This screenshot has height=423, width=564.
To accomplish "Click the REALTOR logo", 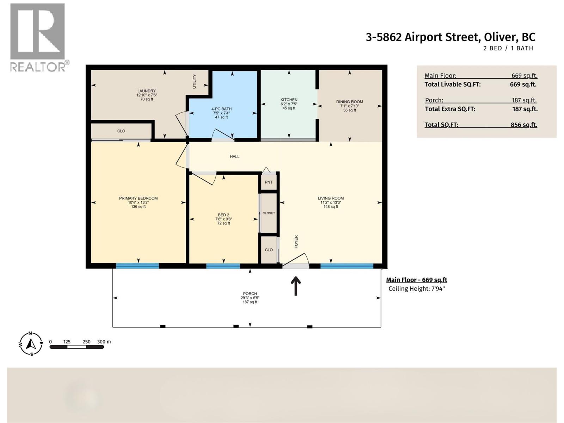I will click(x=37, y=37).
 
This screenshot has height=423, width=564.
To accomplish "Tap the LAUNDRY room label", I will click(x=146, y=91).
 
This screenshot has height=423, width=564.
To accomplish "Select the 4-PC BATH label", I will click(x=221, y=109).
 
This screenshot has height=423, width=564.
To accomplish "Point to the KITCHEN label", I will click(x=289, y=100).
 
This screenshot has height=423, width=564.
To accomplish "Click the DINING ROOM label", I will click(x=349, y=102).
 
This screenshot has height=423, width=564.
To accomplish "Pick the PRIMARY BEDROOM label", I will click(x=138, y=198).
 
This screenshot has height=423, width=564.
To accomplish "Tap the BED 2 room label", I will click(x=223, y=215).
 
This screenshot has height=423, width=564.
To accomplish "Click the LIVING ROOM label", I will click(x=331, y=198).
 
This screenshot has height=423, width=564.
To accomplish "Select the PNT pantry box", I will click(x=269, y=182).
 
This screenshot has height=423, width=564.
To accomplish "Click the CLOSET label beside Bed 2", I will click(x=269, y=213).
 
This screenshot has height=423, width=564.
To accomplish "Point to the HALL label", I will click(x=234, y=157).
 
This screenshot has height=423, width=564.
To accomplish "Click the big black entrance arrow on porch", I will click(x=295, y=286).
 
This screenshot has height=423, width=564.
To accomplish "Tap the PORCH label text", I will click(x=250, y=294).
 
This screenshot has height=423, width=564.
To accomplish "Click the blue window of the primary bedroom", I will click(x=137, y=266).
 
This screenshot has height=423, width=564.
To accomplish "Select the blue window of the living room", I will click(x=347, y=266).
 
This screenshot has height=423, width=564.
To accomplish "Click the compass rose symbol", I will click(x=31, y=343).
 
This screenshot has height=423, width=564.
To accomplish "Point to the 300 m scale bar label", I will click(x=104, y=342).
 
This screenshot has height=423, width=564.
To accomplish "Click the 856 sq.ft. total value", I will click(x=523, y=125).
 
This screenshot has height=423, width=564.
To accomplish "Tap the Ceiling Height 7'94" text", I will click(x=416, y=289).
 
